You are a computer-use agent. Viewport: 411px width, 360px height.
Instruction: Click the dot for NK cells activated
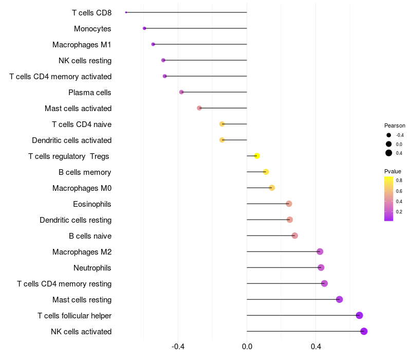(364, 331)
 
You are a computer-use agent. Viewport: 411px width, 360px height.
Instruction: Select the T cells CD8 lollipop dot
(126, 12)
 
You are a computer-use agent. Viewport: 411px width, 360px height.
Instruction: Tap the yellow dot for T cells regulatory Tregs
(257, 156)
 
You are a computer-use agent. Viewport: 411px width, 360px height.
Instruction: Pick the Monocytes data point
(144, 28)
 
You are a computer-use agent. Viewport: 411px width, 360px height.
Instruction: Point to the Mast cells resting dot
(339, 299)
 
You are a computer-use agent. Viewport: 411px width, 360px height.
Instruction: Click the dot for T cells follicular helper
(359, 315)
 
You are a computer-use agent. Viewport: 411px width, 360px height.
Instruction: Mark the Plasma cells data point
(181, 92)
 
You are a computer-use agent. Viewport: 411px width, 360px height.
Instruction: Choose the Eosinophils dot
(289, 204)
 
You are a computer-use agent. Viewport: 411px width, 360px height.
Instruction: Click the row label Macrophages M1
(82, 45)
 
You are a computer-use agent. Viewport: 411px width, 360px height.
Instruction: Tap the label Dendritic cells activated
(71, 140)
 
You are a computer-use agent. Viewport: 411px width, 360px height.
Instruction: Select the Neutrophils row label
(92, 268)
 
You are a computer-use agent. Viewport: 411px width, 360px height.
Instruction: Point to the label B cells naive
(90, 236)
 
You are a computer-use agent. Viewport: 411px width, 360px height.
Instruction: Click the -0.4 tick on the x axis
(178, 347)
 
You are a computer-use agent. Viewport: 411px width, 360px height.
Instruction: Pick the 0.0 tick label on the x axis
(247, 347)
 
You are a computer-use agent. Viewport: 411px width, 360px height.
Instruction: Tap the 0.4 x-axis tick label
(316, 347)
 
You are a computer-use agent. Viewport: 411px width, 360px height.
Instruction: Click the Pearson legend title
(395, 125)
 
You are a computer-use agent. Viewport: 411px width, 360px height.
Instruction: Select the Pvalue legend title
(393, 171)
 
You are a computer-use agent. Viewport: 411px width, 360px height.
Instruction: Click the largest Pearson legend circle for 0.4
(389, 153)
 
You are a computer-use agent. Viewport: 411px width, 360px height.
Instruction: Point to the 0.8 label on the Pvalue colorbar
(399, 180)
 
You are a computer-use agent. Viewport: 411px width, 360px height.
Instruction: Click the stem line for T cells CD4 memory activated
(206, 76)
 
